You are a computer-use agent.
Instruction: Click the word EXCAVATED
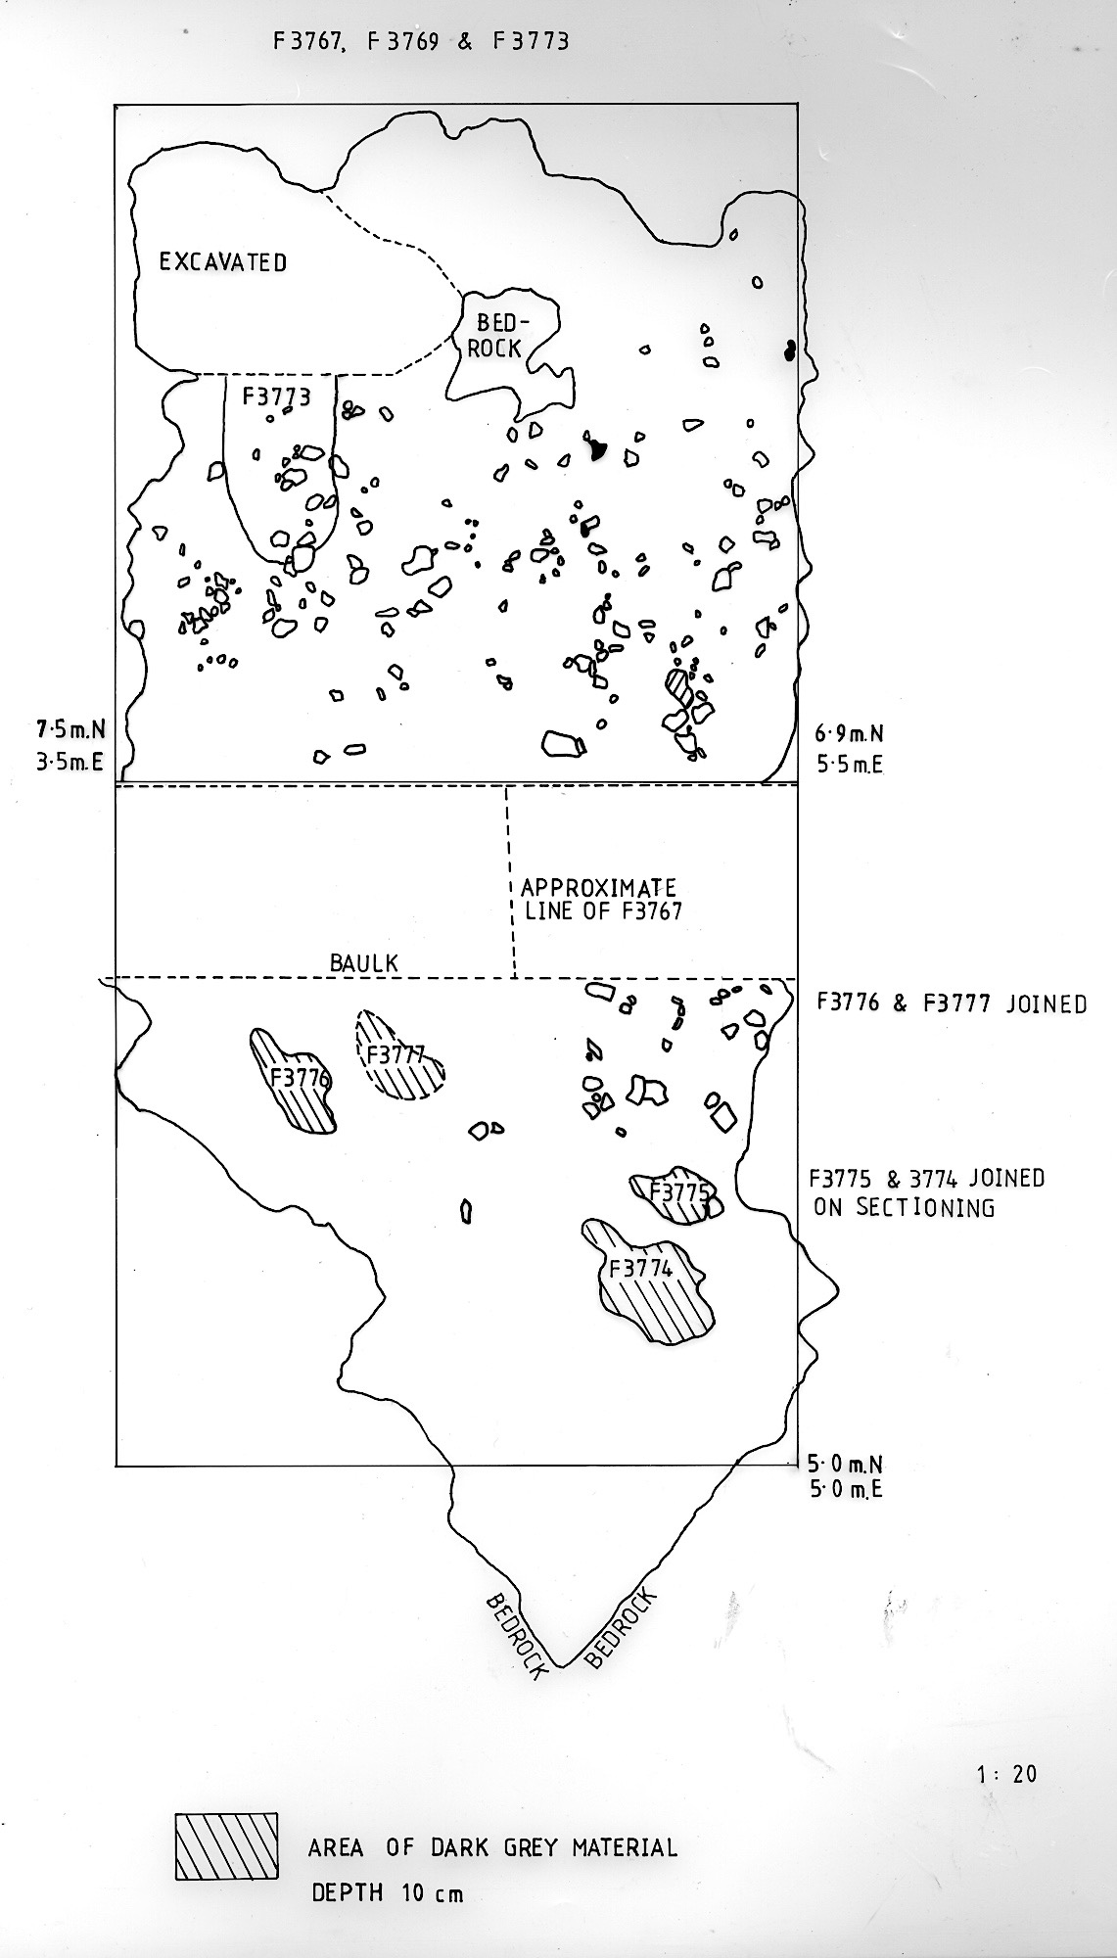pyautogui.click(x=223, y=262)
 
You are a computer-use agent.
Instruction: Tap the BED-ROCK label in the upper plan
pyautogui.click(x=495, y=335)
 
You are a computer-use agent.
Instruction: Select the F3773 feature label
pyautogui.click(x=277, y=396)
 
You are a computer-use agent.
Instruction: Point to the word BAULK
pyautogui.click(x=364, y=963)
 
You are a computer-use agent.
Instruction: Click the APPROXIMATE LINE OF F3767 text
pyautogui.click(x=600, y=899)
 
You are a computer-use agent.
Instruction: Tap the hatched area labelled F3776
pyautogui.click(x=295, y=1082)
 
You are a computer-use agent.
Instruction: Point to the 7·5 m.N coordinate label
pyautogui.click(x=70, y=729)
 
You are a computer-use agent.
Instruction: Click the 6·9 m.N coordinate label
pyautogui.click(x=849, y=733)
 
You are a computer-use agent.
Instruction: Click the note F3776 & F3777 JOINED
pyautogui.click(x=950, y=1003)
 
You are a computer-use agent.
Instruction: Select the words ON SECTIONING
pyautogui.click(x=904, y=1207)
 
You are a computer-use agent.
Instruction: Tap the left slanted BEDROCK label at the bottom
pyautogui.click(x=514, y=1636)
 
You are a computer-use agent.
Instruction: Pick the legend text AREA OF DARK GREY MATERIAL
pyautogui.click(x=492, y=1848)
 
